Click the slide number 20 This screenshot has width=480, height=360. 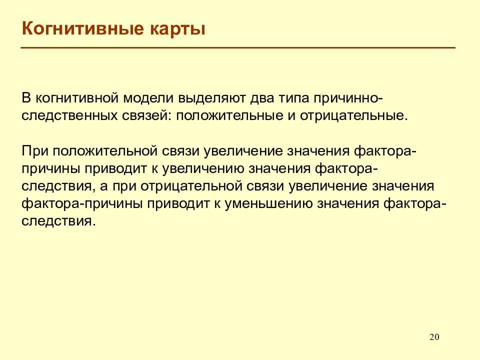pos(434,336)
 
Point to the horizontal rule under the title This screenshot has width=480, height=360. pos(238,48)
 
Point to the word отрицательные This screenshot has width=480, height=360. pos(353,115)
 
